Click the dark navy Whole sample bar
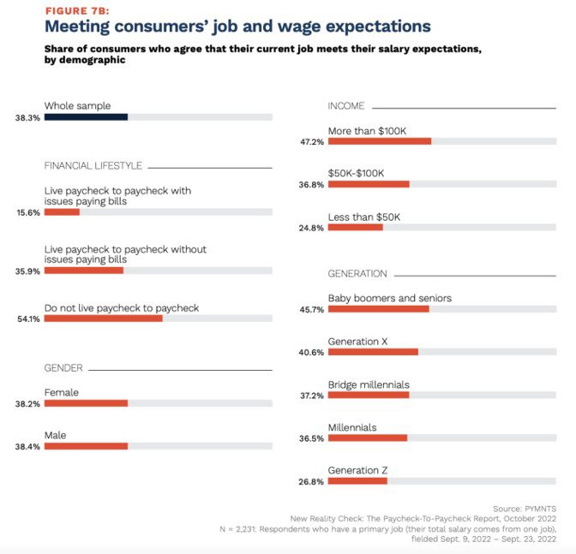click(x=86, y=117)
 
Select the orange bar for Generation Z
click(x=357, y=481)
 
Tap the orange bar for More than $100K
click(x=379, y=141)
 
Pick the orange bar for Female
click(x=86, y=402)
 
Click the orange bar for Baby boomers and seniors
click(x=378, y=309)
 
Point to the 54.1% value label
click(x=27, y=319)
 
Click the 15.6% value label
click(x=27, y=212)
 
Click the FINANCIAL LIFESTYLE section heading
click(x=93, y=166)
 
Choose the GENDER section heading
click(x=63, y=368)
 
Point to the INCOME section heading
click(x=346, y=105)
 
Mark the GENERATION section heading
click(x=357, y=274)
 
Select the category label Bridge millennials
click(x=369, y=384)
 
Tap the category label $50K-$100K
click(x=356, y=173)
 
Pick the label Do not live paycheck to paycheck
click(x=121, y=307)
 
